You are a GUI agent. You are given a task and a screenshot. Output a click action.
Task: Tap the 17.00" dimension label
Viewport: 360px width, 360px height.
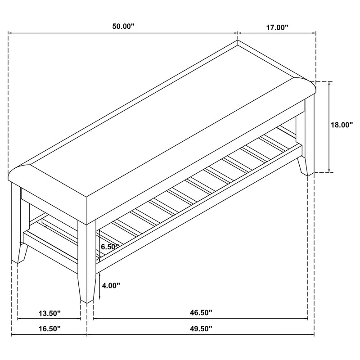pos(277,27)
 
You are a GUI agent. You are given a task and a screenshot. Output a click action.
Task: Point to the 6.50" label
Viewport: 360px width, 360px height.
pos(110,247)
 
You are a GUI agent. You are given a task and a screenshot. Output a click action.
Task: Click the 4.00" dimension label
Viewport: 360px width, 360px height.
pos(111,285)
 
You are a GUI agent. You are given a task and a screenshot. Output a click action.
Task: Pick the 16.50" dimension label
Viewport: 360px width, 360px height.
pos(49,328)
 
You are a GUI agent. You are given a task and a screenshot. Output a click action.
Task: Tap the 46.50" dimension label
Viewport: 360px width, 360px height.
pos(201,312)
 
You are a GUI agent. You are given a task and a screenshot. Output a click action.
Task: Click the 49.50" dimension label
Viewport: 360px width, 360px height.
pos(201,328)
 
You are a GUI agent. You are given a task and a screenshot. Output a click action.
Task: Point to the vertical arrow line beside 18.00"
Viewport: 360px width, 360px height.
pos(331,126)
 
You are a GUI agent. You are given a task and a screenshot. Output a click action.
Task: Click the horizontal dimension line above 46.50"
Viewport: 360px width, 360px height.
pos(202,319)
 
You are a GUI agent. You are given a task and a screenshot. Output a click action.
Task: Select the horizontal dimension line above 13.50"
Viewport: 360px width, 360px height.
pos(49,319)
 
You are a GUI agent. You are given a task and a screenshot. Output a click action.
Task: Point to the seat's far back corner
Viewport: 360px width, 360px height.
pos(238,43)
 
